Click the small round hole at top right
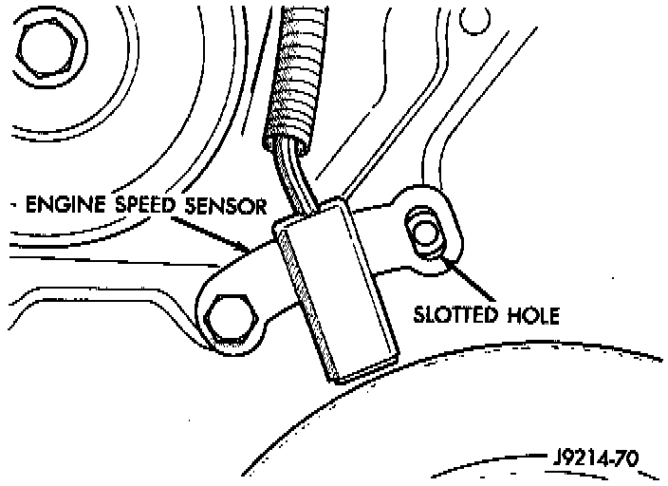[468, 18]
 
